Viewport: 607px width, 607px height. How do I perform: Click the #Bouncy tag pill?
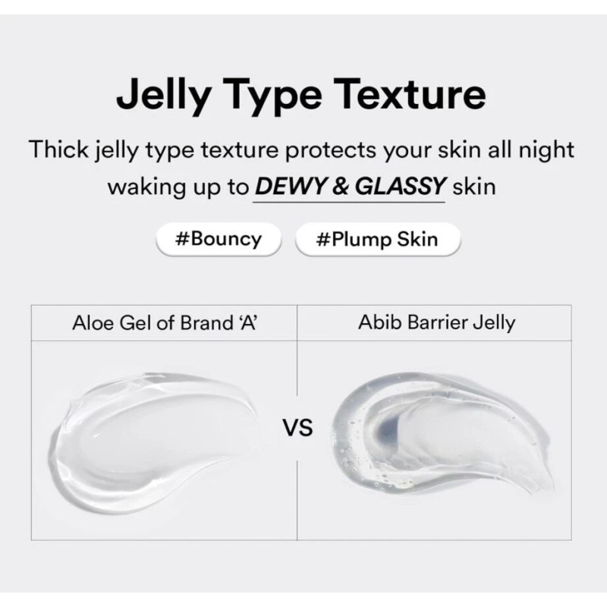coord(218,239)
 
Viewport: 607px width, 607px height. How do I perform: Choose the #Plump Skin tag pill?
coord(377,239)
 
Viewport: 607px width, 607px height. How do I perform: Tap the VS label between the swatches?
coord(297,429)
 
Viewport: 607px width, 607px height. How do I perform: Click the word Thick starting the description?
coord(61,149)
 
